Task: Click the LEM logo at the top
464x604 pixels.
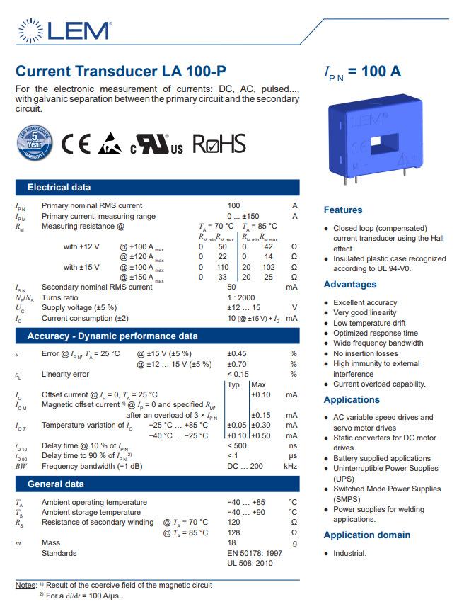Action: (x=63, y=30)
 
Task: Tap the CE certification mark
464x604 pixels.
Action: (x=76, y=144)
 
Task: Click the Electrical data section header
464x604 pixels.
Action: (x=59, y=188)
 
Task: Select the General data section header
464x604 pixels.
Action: (x=54, y=484)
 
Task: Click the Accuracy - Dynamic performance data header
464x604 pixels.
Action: (x=112, y=336)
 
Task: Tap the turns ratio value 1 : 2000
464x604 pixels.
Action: (x=241, y=297)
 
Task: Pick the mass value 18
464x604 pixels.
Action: (x=231, y=542)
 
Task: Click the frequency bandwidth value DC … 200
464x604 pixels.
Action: (x=245, y=466)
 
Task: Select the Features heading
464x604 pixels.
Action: (x=342, y=210)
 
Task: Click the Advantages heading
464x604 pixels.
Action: (x=349, y=285)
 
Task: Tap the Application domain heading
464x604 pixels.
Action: (x=366, y=535)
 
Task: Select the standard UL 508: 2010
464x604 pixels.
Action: (x=250, y=563)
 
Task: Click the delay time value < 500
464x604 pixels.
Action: (x=237, y=445)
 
